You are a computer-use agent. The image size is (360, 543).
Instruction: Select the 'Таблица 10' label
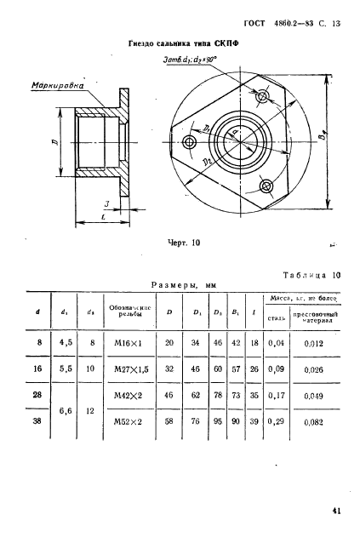(311, 274)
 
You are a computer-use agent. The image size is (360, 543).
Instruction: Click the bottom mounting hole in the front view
(267, 186)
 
